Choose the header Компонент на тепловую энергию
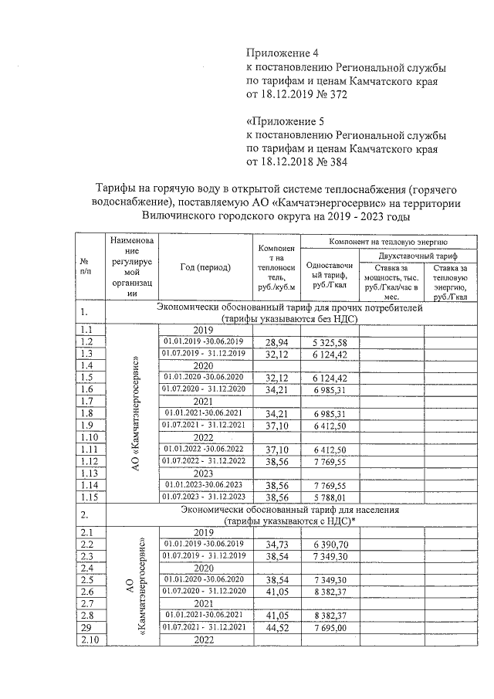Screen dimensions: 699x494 pos(389,243)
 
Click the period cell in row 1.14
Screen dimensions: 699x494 pos(204,484)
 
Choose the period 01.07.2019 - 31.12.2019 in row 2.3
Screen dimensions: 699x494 pos(204,555)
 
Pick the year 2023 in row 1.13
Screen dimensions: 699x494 pos(203,473)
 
